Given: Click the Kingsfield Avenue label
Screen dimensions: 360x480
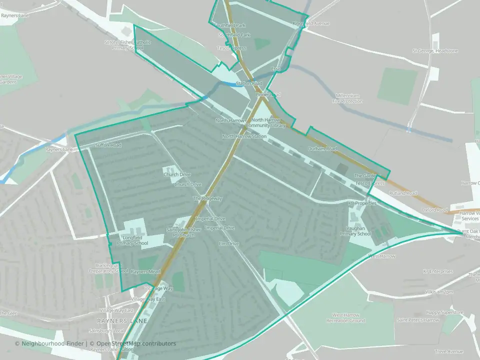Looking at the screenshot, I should (x=311, y=23).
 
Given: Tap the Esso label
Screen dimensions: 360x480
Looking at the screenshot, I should (x=276, y=68).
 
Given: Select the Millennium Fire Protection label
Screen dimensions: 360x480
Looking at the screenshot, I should (x=348, y=98).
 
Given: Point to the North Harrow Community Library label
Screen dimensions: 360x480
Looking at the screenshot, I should (x=268, y=122).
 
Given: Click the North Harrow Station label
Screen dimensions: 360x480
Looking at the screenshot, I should (x=244, y=136).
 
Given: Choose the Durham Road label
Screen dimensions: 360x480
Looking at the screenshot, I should (x=322, y=149).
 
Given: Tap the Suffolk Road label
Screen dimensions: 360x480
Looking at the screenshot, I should (x=108, y=145).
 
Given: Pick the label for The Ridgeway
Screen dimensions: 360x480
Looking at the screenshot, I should (x=207, y=198).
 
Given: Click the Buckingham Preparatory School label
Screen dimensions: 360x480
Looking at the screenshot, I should (x=108, y=268).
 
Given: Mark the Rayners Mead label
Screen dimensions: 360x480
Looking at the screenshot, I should (x=145, y=271).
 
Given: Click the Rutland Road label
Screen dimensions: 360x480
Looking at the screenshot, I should (x=404, y=193).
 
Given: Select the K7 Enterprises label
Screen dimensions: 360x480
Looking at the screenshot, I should (x=437, y=271).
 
